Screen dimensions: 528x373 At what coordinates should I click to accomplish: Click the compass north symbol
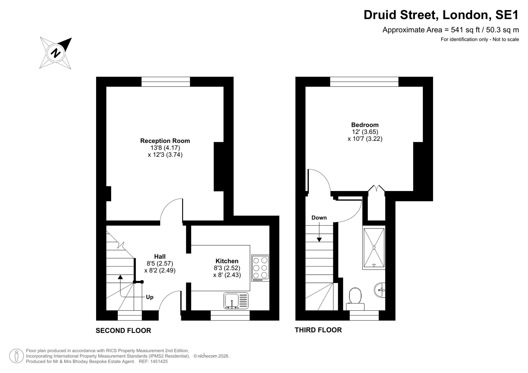tap(55, 53)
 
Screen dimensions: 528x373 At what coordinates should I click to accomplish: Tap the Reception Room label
tap(165, 141)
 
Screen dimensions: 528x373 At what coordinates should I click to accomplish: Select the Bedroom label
tap(365, 125)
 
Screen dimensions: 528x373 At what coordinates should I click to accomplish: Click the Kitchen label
tap(227, 261)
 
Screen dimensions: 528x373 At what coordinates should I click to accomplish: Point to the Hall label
tap(160, 256)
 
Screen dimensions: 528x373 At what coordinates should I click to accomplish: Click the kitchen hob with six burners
tap(260, 268)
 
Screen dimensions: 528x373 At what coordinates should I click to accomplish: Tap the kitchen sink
tap(236, 301)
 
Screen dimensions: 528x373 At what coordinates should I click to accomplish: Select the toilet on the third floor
tap(355, 299)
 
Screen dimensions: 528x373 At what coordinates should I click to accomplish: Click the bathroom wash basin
tap(380, 290)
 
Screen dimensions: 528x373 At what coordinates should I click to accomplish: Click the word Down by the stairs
tap(319, 218)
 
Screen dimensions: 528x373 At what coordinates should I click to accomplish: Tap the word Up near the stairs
tap(150, 297)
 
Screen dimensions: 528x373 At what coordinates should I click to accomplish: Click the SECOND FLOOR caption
tap(123, 331)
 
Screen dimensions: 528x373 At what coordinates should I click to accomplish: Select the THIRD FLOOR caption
tap(318, 330)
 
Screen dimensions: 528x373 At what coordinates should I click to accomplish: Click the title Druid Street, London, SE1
tap(441, 15)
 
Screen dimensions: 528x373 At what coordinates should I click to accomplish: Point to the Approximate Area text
tap(451, 30)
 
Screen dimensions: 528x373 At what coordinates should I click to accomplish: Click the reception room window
tap(166, 82)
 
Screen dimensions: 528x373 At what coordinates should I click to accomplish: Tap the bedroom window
tap(364, 82)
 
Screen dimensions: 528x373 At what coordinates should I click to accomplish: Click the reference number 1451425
tap(159, 361)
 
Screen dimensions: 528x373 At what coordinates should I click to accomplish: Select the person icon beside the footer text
tap(17, 356)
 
